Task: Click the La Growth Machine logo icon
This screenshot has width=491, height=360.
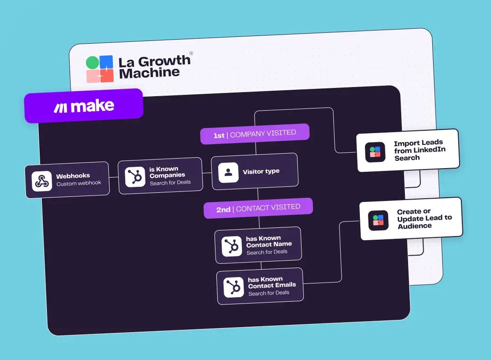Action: [100, 69]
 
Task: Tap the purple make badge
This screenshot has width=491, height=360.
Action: [84, 106]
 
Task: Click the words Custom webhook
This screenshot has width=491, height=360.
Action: [79, 184]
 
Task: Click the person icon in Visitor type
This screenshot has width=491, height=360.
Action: [229, 172]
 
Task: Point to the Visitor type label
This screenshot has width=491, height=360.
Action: [261, 172]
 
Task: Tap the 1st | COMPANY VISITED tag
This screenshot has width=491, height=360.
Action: [255, 134]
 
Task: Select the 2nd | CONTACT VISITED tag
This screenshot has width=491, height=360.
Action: [258, 208]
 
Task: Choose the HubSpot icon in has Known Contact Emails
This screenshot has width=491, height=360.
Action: [234, 287]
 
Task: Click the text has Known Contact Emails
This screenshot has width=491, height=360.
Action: [271, 282]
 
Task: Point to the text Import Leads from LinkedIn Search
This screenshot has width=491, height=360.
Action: [419, 150]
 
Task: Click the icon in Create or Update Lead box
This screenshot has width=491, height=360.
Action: [378, 220]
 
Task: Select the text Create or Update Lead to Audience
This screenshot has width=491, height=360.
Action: [424, 219]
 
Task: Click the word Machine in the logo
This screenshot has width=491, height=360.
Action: [149, 73]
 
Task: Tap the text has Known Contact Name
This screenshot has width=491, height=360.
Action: [269, 241]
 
